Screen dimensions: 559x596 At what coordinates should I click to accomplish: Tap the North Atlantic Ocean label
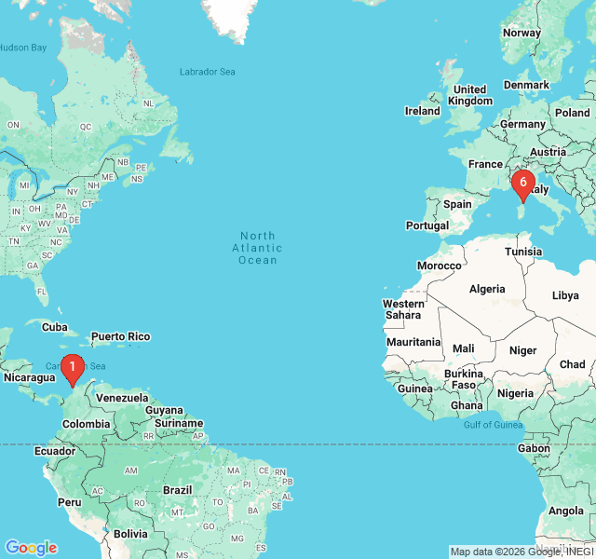pos(258,248)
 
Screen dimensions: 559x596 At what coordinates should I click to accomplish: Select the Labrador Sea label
pos(207,72)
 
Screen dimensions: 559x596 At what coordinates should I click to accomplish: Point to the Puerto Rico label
pos(120,336)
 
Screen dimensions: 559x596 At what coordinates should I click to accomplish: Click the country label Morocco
pos(439,266)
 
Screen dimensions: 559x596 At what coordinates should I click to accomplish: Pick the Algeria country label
pos(487,289)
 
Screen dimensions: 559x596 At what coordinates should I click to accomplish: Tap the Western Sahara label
pos(403,309)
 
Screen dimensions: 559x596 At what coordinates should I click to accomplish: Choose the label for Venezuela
pos(122,398)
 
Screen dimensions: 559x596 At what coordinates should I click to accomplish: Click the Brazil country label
pos(177,489)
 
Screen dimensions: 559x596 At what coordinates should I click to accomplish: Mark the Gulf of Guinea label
pos(493,426)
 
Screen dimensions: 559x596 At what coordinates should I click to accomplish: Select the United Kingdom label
pos(469,95)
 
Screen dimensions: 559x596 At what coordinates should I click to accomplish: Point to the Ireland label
pos(422,111)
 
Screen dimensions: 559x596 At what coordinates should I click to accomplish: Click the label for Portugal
pos(427,225)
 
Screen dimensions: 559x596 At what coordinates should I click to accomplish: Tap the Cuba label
pos(55,327)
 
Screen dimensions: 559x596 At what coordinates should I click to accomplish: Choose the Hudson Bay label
pos(22,48)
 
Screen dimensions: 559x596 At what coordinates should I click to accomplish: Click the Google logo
pos(31,548)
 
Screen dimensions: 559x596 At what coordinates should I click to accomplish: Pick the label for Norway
pos(521,33)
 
